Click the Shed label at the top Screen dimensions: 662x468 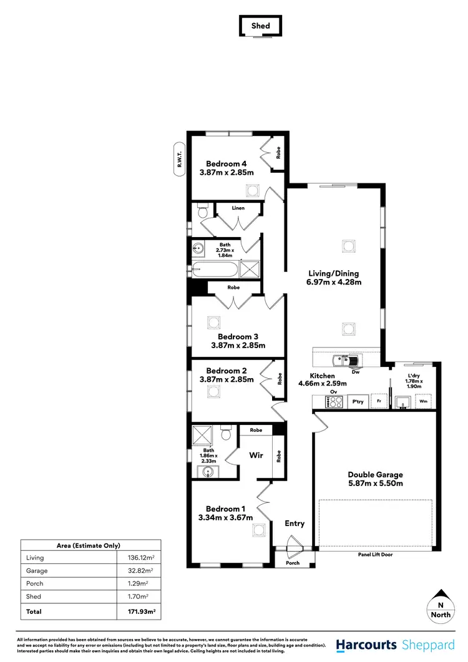(260, 26)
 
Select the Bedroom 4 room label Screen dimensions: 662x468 (227, 163)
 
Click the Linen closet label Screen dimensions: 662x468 (238, 208)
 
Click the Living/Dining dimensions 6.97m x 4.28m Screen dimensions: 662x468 (334, 282)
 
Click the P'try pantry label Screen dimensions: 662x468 (358, 402)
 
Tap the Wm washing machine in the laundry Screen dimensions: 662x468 (424, 402)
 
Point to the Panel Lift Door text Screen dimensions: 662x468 (376, 554)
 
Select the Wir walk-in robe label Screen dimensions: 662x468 (256, 455)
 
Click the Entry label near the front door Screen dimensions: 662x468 (295, 523)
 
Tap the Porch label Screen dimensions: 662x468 (292, 563)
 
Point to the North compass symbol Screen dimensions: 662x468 (441, 603)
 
